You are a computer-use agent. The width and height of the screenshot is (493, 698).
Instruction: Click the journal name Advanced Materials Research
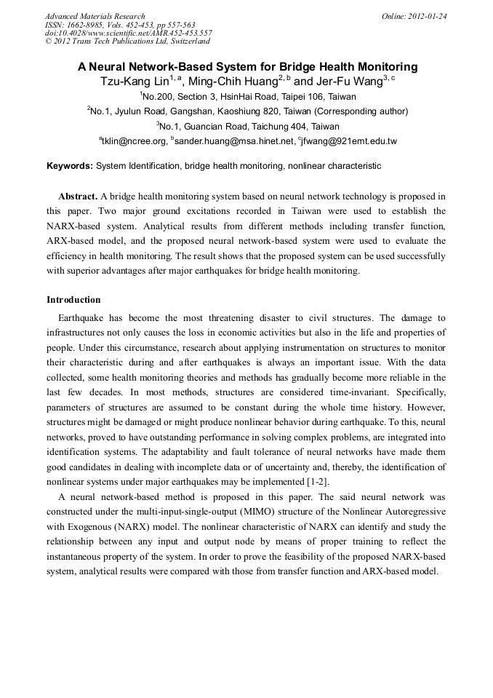[95, 16]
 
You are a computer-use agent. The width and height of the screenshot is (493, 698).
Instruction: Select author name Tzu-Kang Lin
[134, 82]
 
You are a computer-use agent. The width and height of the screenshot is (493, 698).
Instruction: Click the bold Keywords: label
[70, 166]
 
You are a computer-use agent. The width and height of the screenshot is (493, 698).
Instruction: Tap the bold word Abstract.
[77, 197]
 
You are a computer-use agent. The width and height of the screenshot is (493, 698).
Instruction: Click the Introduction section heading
[73, 300]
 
